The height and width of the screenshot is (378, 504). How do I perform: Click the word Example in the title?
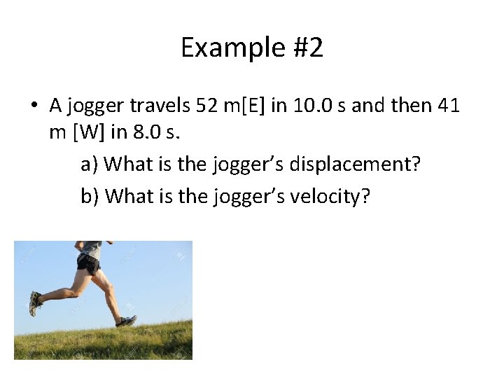pos(220,48)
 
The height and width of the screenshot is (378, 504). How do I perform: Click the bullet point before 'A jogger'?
pos(34,106)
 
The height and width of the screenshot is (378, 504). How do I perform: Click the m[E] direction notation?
pos(246,106)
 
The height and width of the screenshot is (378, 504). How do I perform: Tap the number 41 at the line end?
pos(448,106)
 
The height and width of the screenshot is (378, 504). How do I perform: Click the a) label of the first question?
pos(90,164)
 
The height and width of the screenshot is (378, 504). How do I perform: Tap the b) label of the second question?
pos(90,196)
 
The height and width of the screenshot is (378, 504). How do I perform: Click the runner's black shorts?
pos(88,263)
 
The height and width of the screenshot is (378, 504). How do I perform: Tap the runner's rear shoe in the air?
pos(35,303)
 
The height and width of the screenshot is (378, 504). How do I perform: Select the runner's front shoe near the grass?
pos(127,321)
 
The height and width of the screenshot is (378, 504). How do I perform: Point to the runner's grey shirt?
pos(92,248)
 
